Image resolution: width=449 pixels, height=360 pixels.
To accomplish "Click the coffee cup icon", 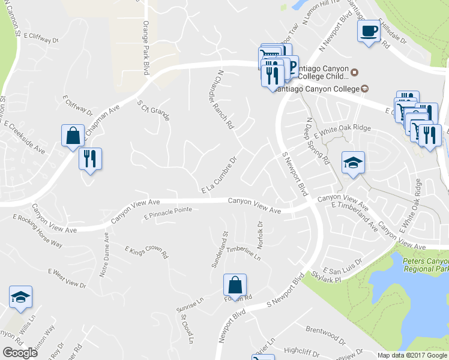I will pos(369,31).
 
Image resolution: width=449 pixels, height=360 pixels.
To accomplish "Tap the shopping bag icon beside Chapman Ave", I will pos(73,135).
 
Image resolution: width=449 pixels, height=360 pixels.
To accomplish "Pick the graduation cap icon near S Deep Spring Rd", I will pos(353,162).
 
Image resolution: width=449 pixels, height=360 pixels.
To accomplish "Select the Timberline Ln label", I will pos(243,254).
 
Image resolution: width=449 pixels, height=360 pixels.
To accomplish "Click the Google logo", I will pos(20,353).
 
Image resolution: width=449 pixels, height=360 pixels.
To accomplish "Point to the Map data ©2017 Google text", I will pos(412,355).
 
